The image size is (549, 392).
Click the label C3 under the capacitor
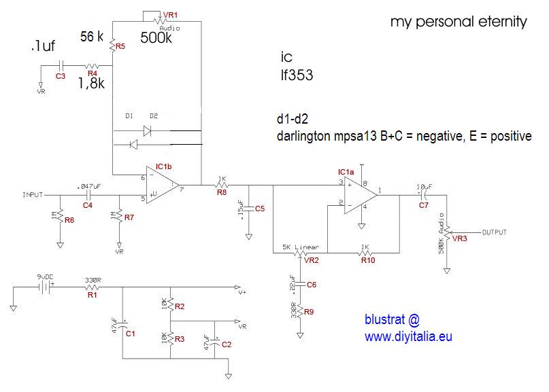61,76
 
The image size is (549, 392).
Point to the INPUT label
33,194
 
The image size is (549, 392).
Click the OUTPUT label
495,232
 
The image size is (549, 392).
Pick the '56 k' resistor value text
92,37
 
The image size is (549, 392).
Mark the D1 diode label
129,115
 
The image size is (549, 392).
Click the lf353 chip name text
296,76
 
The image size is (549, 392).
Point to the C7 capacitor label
424,204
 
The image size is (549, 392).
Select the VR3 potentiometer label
460,239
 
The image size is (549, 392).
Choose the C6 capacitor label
312,285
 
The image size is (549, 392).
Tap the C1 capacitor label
131,334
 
